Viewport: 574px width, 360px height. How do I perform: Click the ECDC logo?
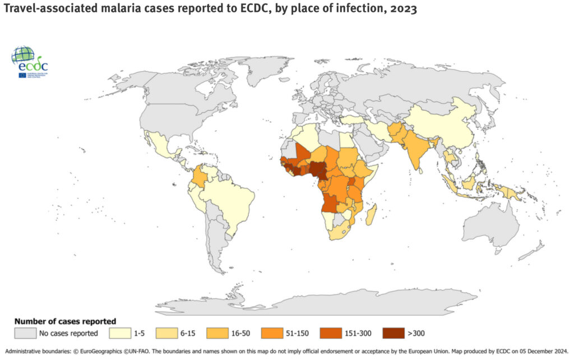pyautogui.click(x=33, y=62)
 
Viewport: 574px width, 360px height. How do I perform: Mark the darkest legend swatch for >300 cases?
pyautogui.click(x=395, y=334)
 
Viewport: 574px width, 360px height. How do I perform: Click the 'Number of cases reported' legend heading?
pyautogui.click(x=65, y=321)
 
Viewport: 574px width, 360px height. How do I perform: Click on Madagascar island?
pyautogui.click(x=371, y=214)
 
